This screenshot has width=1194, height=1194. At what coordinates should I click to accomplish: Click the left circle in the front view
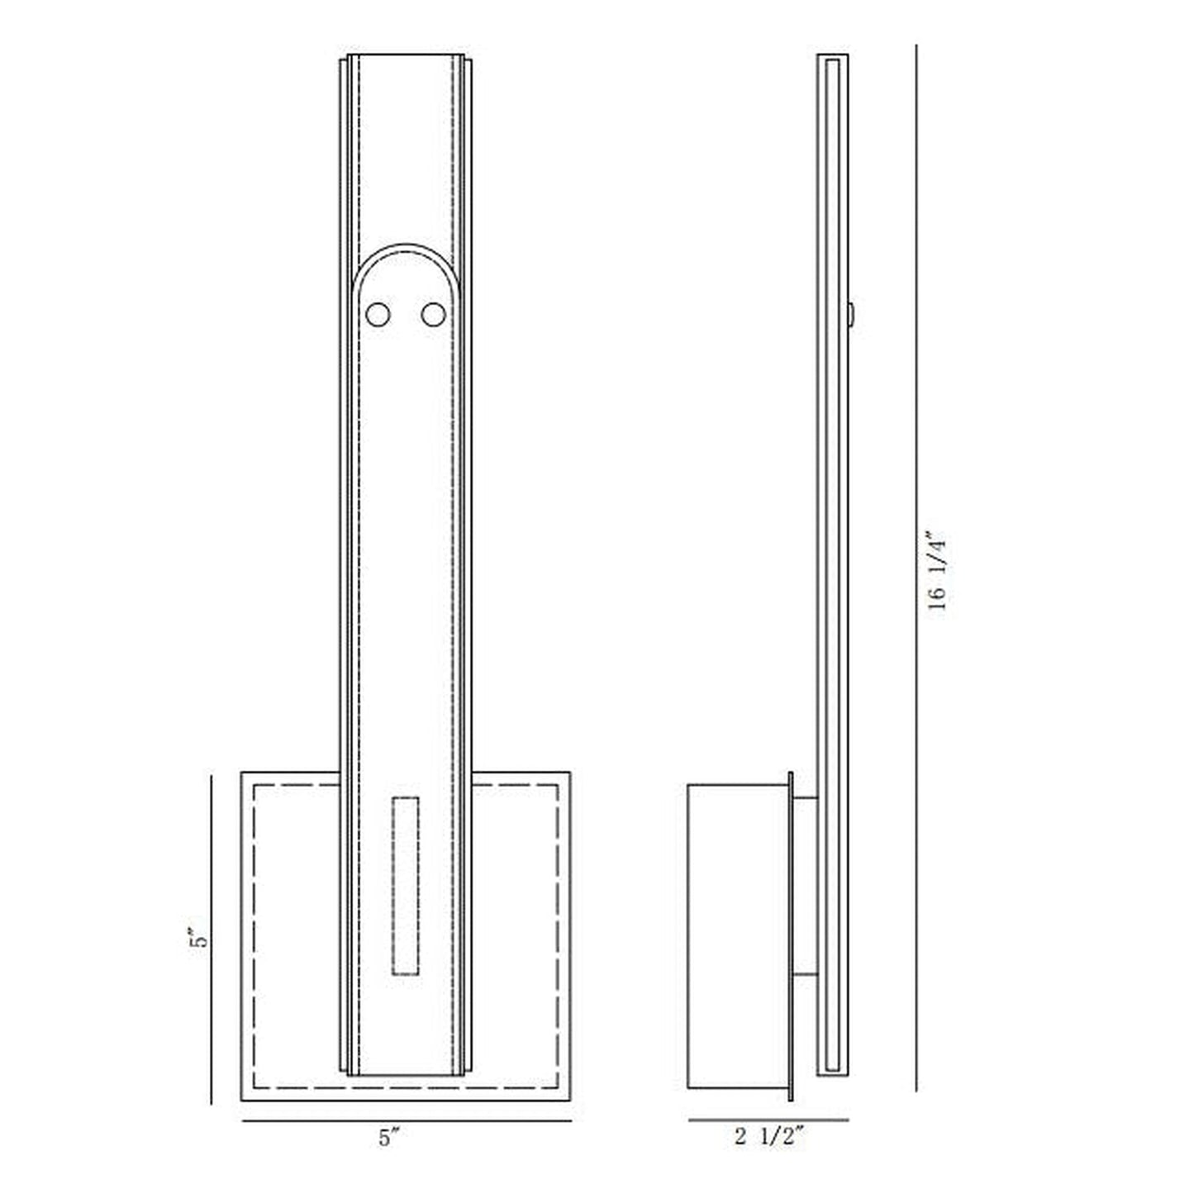[x=378, y=315]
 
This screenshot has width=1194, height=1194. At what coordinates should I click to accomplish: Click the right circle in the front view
[x=433, y=315]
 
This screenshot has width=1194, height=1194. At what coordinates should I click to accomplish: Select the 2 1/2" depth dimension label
[x=768, y=1137]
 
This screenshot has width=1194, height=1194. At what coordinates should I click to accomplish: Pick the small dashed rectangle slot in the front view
[x=405, y=887]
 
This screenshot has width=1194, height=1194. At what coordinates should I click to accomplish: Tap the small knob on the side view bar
[x=850, y=314]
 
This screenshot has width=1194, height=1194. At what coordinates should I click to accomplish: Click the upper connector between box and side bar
[x=805, y=798]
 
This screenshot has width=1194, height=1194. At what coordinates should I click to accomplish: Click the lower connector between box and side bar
[x=805, y=975]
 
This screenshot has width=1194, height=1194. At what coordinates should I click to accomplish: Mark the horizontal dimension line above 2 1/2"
[x=768, y=1120]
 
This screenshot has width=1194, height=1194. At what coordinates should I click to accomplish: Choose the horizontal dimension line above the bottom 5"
[x=407, y=1121]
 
